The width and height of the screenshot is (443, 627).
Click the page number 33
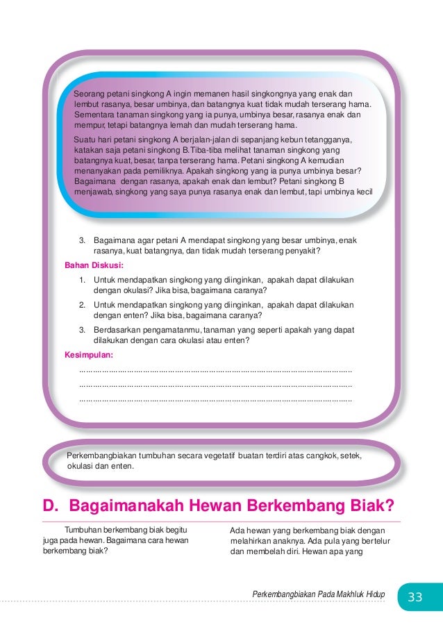415,597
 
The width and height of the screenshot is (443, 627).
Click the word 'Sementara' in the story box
95,115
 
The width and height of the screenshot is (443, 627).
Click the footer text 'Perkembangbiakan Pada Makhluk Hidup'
319,595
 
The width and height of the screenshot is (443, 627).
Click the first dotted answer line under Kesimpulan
216,371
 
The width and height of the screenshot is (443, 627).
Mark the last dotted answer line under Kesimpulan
216,401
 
